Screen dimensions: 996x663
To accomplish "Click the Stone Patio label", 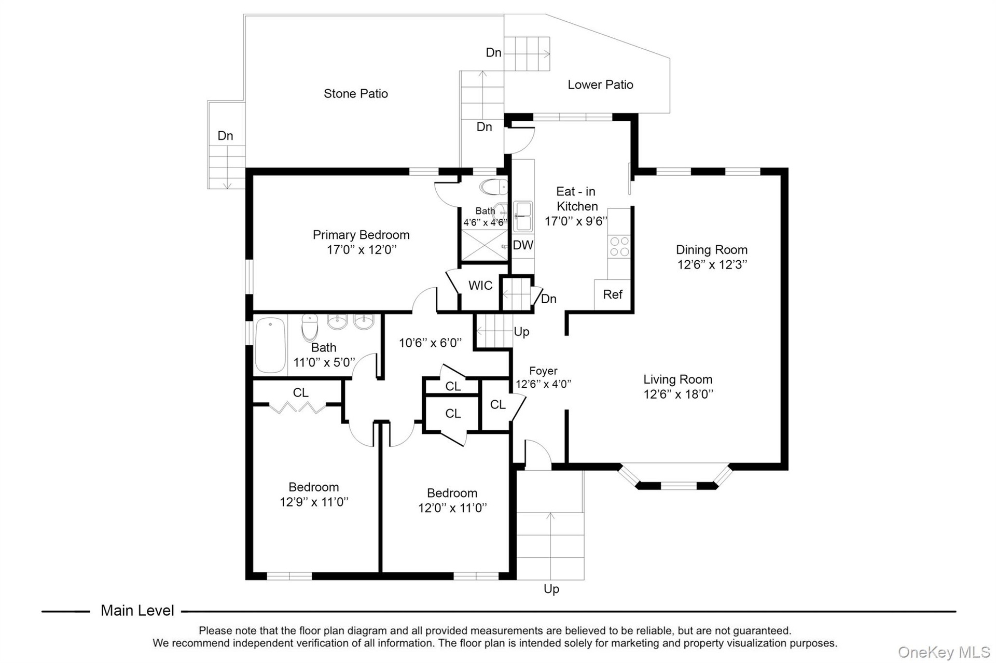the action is click(x=355, y=94).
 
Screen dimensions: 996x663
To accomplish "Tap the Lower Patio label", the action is click(x=600, y=84).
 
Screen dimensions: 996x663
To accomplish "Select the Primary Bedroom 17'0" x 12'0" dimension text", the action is click(x=361, y=250).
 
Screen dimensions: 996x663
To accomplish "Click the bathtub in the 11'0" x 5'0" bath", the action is click(x=270, y=345).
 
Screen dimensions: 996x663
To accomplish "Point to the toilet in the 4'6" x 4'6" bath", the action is click(x=493, y=187).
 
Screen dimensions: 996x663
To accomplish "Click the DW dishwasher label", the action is click(x=523, y=245).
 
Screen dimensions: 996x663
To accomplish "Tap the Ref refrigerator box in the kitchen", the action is click(x=613, y=295).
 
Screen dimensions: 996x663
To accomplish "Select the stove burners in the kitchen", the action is click(x=619, y=246).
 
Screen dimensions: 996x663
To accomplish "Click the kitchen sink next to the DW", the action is click(x=523, y=216).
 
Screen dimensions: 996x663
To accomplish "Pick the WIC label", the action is click(x=480, y=286).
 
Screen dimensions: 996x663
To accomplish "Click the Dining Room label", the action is click(x=711, y=250).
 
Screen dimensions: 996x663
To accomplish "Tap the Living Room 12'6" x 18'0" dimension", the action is click(x=679, y=394).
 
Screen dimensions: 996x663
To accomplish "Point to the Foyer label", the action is click(x=543, y=371).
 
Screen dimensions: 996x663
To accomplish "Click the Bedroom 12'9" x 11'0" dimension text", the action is click(x=314, y=502).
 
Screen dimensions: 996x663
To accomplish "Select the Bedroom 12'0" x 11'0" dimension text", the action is click(x=452, y=508).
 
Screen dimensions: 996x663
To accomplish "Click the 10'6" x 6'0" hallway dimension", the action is click(x=430, y=343).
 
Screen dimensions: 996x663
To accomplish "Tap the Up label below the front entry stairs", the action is click(x=551, y=589).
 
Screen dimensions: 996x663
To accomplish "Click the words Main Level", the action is click(x=137, y=611).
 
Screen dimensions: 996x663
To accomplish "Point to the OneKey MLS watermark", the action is click(x=944, y=652).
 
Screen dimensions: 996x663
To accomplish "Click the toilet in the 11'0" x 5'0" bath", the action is click(x=310, y=327).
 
